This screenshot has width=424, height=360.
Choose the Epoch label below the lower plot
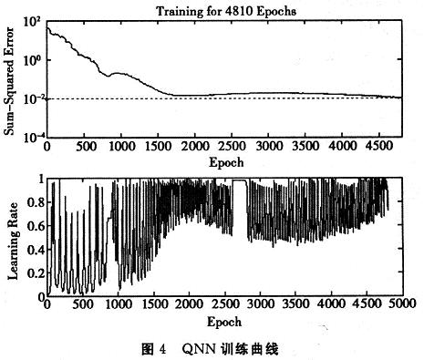pos(223,323)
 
